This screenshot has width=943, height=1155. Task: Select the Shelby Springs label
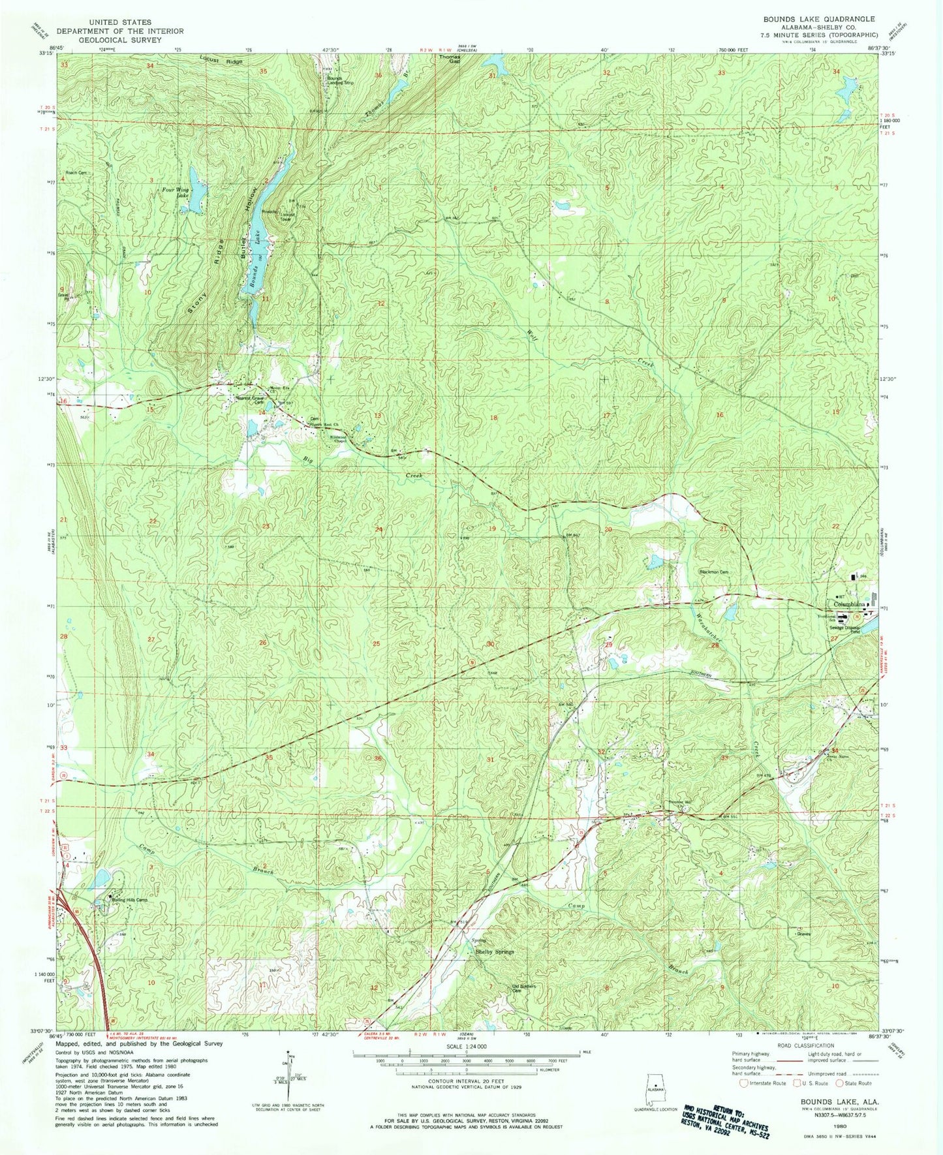pyautogui.click(x=493, y=952)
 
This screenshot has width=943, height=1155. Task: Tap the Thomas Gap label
pyautogui.click(x=449, y=59)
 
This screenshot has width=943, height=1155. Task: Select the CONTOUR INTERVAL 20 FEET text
pyautogui.click(x=466, y=1082)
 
